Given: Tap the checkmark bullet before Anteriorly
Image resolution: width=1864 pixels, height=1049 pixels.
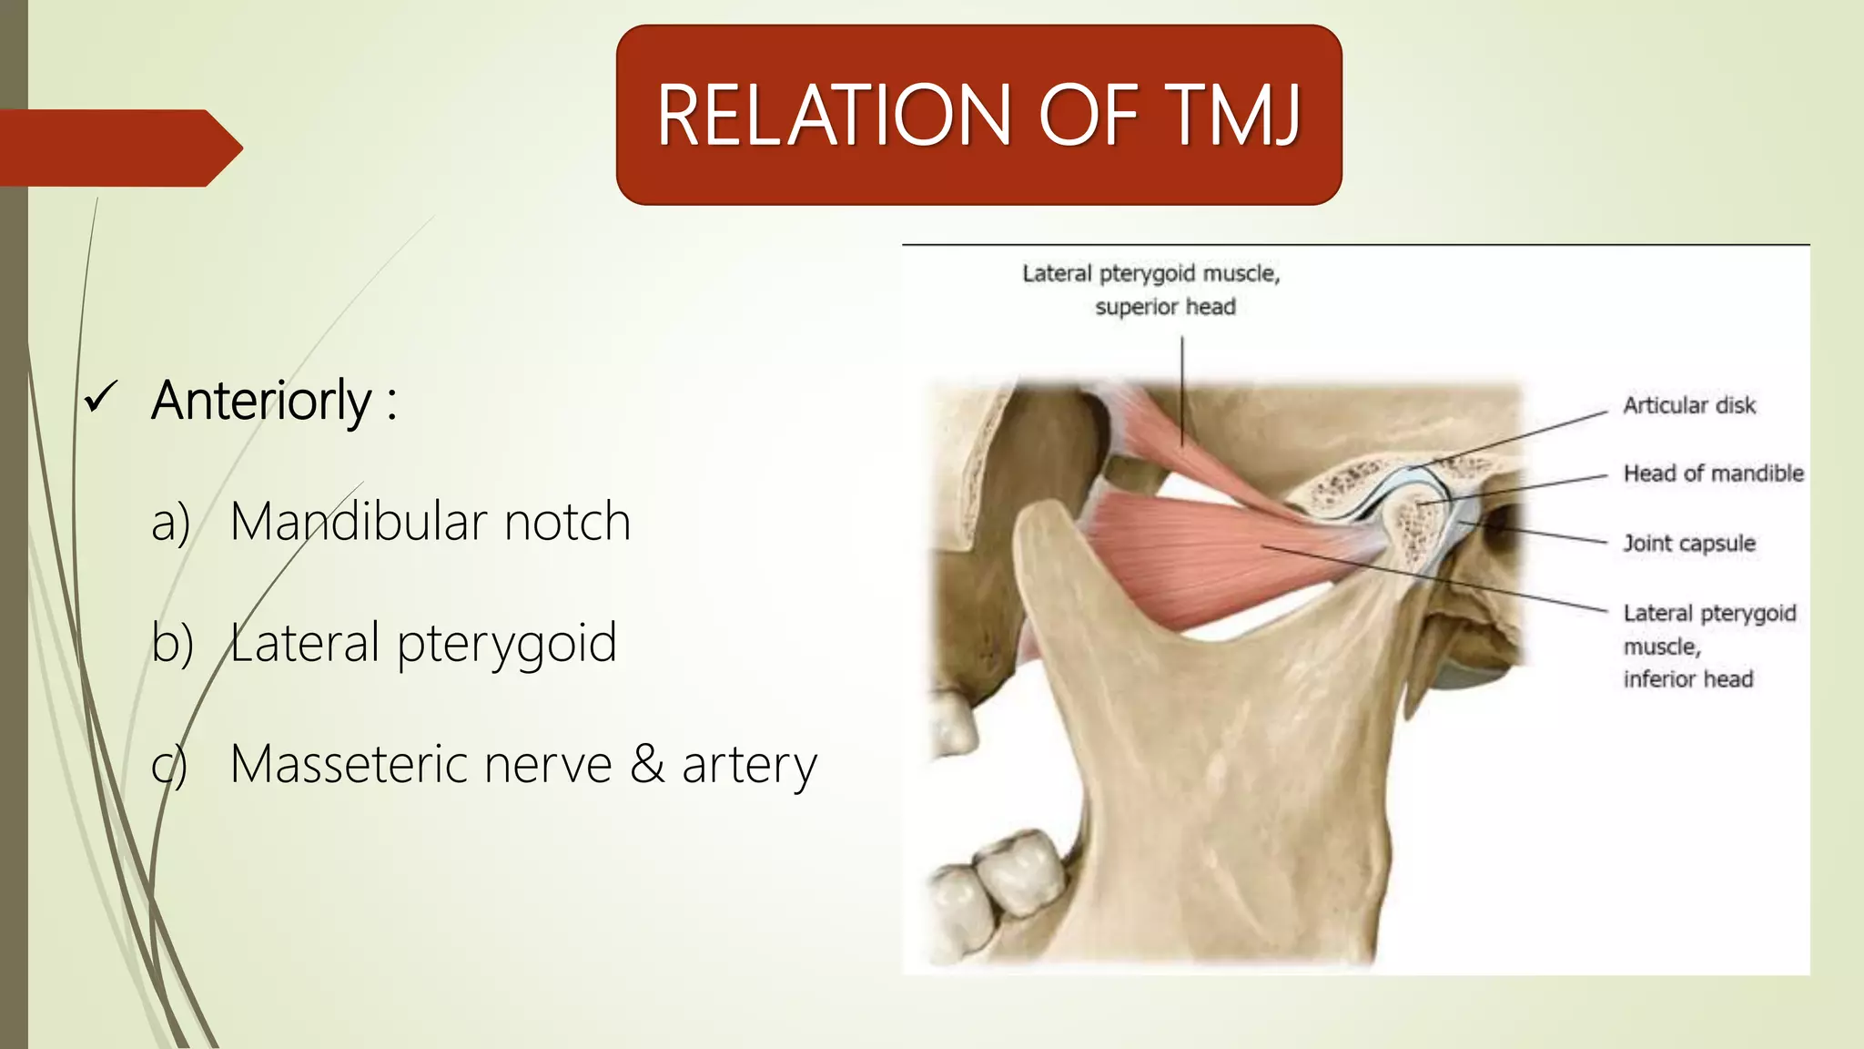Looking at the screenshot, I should [x=99, y=398].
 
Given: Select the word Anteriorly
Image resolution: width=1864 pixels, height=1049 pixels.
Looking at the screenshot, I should [x=262, y=401].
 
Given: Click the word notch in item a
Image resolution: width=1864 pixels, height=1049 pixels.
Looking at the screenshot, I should [x=567, y=522].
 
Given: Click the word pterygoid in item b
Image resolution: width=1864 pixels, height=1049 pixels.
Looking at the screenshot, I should [x=507, y=644].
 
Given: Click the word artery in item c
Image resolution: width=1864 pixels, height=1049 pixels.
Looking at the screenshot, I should [x=749, y=765].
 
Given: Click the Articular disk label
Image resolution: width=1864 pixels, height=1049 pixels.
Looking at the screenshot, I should [x=1688, y=405].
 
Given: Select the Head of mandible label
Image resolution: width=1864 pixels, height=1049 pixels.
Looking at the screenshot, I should [x=1713, y=474].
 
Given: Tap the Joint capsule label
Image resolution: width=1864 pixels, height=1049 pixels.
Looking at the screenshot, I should [x=1688, y=544].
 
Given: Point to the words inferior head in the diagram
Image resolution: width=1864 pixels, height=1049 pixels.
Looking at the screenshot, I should [x=1687, y=679].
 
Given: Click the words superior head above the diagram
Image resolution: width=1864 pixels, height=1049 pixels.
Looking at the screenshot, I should [x=1165, y=307].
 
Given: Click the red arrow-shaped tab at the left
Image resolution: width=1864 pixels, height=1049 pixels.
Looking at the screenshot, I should [x=118, y=148].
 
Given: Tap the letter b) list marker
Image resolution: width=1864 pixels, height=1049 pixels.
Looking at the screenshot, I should [x=172, y=643].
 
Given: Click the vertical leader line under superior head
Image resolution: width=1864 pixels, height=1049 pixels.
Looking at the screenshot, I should [x=1182, y=392].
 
